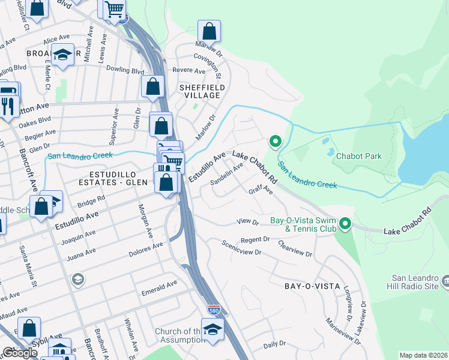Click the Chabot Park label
tap(359, 157)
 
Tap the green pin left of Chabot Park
tap(276, 142)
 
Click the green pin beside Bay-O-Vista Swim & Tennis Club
tap(345, 224)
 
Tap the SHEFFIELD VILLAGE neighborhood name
tap(202, 91)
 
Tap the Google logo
tap(20, 352)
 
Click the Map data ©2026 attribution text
tap(423, 355)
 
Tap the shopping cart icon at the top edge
tap(114, 9)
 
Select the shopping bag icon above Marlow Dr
tap(209, 30)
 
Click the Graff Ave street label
tap(261, 191)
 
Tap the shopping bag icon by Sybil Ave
tap(29, 328)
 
